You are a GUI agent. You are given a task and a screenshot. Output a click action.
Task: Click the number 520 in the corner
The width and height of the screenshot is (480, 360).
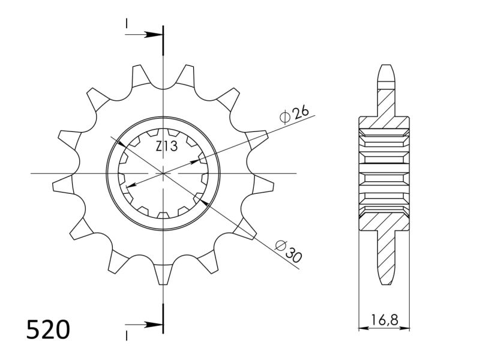tap(49, 330)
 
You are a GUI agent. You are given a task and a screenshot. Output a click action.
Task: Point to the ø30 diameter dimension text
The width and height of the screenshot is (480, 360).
tap(289, 250)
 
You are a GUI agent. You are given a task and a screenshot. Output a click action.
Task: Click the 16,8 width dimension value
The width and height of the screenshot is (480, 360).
tap(384, 319)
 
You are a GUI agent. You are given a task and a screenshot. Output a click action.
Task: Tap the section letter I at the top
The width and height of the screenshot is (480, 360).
tap(127, 23)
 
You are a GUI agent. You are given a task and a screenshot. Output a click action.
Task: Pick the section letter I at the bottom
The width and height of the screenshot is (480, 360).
tap(127, 334)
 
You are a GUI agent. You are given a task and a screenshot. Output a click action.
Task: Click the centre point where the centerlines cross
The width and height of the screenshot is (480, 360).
tap(163, 173)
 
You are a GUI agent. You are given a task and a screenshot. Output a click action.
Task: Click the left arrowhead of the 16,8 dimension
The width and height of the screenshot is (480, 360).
tap(362, 328)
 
